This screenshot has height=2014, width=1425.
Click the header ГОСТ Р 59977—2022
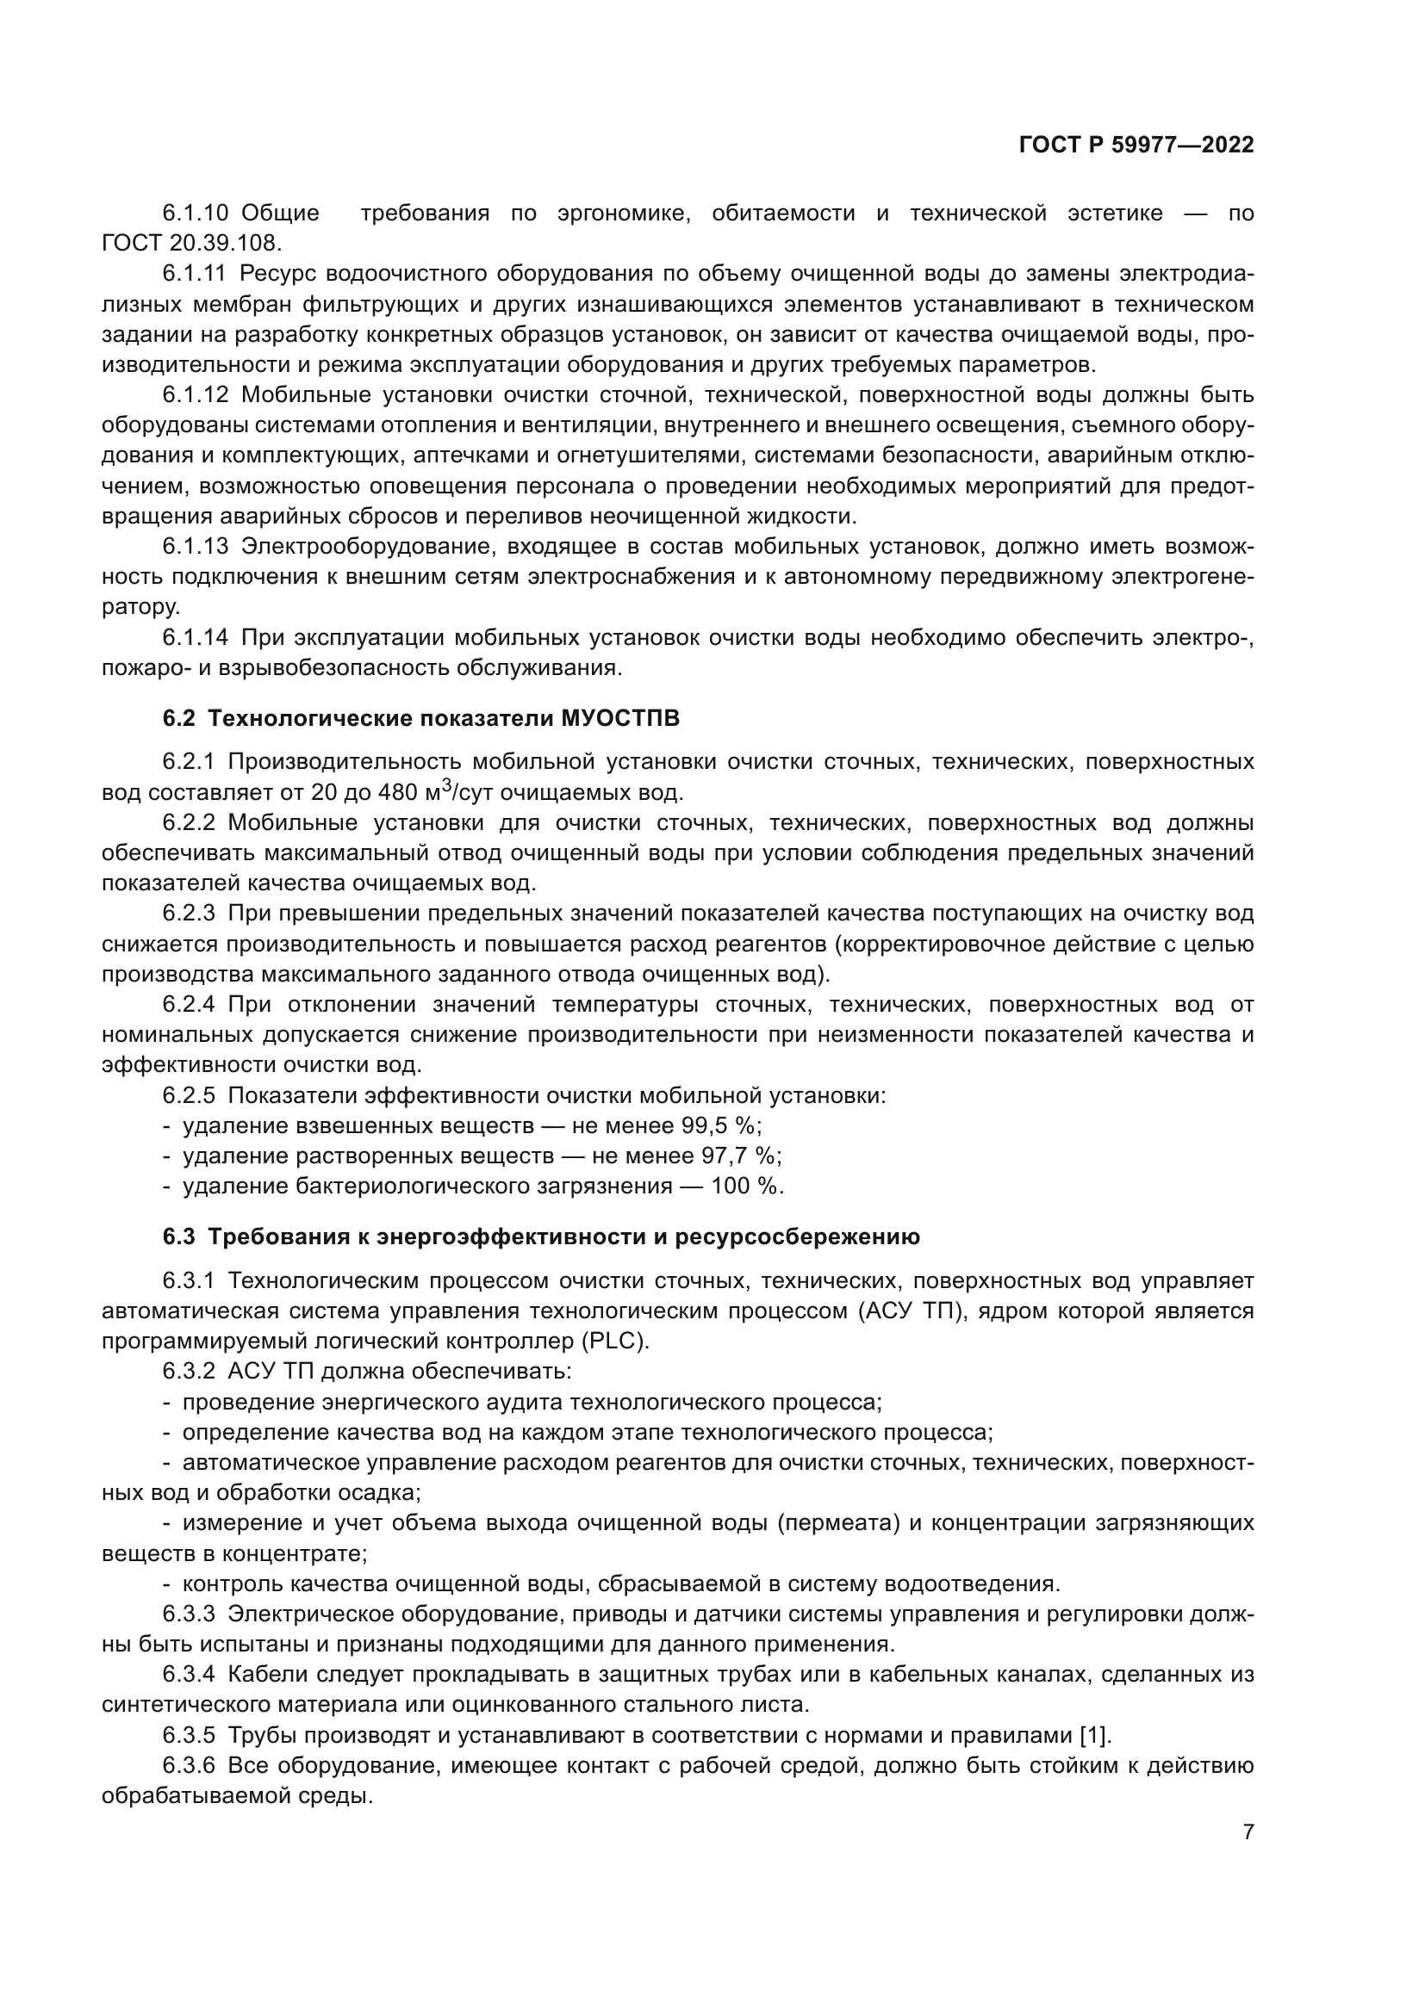coord(1136,146)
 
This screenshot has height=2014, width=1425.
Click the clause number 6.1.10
coord(195,214)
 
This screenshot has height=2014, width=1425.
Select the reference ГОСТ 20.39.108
coord(191,243)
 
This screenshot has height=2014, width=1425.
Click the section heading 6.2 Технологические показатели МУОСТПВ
coord(421,719)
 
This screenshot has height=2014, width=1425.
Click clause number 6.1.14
coord(195,638)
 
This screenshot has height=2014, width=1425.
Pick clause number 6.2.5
coord(189,1095)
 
